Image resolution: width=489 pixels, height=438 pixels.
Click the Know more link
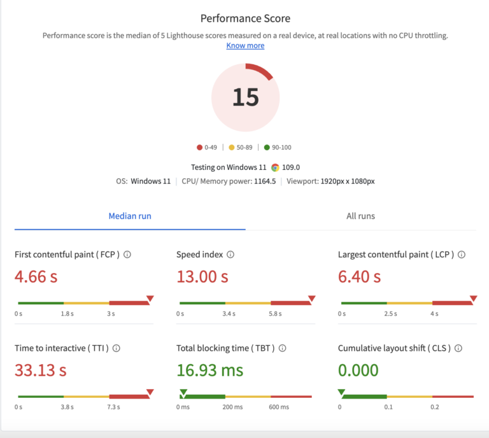click(x=245, y=46)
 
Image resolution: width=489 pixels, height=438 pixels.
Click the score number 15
click(x=245, y=97)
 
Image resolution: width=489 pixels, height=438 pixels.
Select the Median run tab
click(x=130, y=216)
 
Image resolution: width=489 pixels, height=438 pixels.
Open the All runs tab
click(x=360, y=216)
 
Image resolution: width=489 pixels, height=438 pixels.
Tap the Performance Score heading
click(x=245, y=18)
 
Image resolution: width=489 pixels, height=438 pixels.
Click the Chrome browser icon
click(x=275, y=167)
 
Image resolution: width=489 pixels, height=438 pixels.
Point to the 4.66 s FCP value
click(x=40, y=276)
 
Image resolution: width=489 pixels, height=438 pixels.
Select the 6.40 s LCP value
click(x=359, y=276)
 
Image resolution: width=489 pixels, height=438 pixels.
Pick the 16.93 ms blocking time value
click(x=209, y=370)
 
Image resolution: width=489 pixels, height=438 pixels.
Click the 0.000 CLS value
click(x=358, y=370)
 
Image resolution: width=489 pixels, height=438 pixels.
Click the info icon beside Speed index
click(x=230, y=255)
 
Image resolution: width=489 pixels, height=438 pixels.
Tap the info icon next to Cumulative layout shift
click(x=458, y=348)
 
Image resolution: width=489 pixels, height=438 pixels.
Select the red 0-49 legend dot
click(x=200, y=148)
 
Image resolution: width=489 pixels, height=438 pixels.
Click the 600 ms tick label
click(x=279, y=407)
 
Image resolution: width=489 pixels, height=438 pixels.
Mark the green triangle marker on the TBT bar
click(x=183, y=392)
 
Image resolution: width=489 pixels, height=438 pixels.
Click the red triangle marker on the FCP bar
click(x=150, y=298)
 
